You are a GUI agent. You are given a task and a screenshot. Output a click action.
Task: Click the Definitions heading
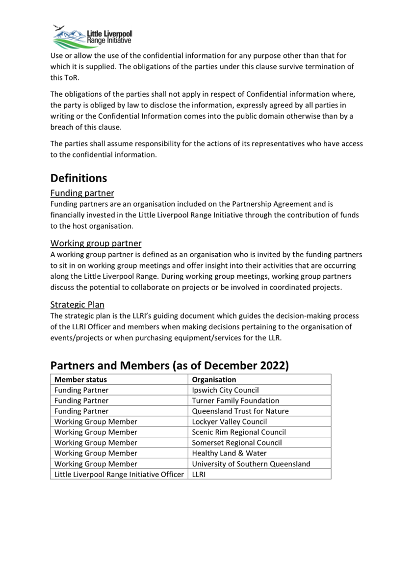pos(78,178)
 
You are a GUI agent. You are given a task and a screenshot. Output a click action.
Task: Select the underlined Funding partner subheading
pos(82,193)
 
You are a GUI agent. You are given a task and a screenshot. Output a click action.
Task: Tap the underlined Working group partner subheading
pos(96,243)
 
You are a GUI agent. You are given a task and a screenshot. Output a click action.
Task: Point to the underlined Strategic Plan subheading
pos(77,305)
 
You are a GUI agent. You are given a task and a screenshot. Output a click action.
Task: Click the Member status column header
pos(80,379)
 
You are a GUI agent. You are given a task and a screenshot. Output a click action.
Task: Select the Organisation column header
pos(214,379)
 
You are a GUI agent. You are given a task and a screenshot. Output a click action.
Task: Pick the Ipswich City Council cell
pos(225,390)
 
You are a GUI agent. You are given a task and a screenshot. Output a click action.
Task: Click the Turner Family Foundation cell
pos(235,400)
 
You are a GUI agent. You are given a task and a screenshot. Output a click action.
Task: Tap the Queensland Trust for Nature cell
pos(240,411)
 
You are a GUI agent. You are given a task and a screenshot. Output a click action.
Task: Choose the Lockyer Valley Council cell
pos(230,422)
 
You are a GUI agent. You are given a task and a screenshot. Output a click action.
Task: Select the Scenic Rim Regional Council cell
pos(239,432)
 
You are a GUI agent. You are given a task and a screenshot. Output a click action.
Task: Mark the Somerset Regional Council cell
pos(237,443)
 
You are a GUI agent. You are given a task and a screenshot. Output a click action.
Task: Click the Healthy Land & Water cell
pos(229,453)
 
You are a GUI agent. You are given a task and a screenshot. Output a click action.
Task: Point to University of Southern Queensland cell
pos(251,464)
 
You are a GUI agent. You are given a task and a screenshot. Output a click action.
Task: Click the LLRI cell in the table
pos(199,474)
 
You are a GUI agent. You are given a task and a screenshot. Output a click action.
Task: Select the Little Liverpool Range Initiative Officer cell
pos(119,474)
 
